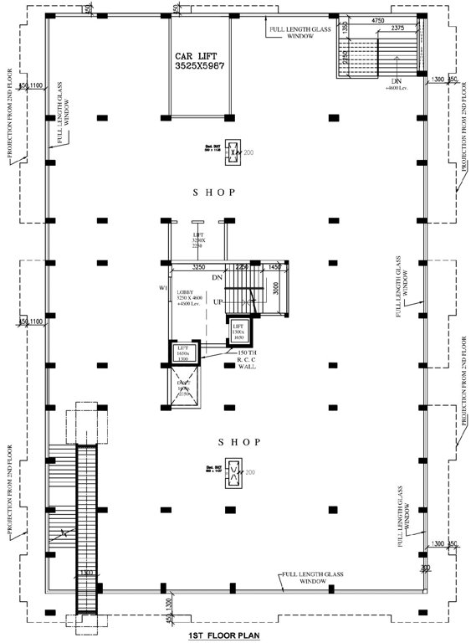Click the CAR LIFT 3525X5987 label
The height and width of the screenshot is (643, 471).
(x=200, y=59)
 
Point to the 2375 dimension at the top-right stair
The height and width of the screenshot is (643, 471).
(x=397, y=28)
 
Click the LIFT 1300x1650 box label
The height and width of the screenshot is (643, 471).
(x=238, y=331)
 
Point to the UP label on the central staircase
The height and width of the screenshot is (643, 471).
(x=218, y=301)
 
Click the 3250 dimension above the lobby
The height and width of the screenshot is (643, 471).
(x=199, y=267)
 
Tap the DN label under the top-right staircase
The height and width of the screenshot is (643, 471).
(x=392, y=81)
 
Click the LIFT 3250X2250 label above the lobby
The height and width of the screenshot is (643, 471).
(x=198, y=239)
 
